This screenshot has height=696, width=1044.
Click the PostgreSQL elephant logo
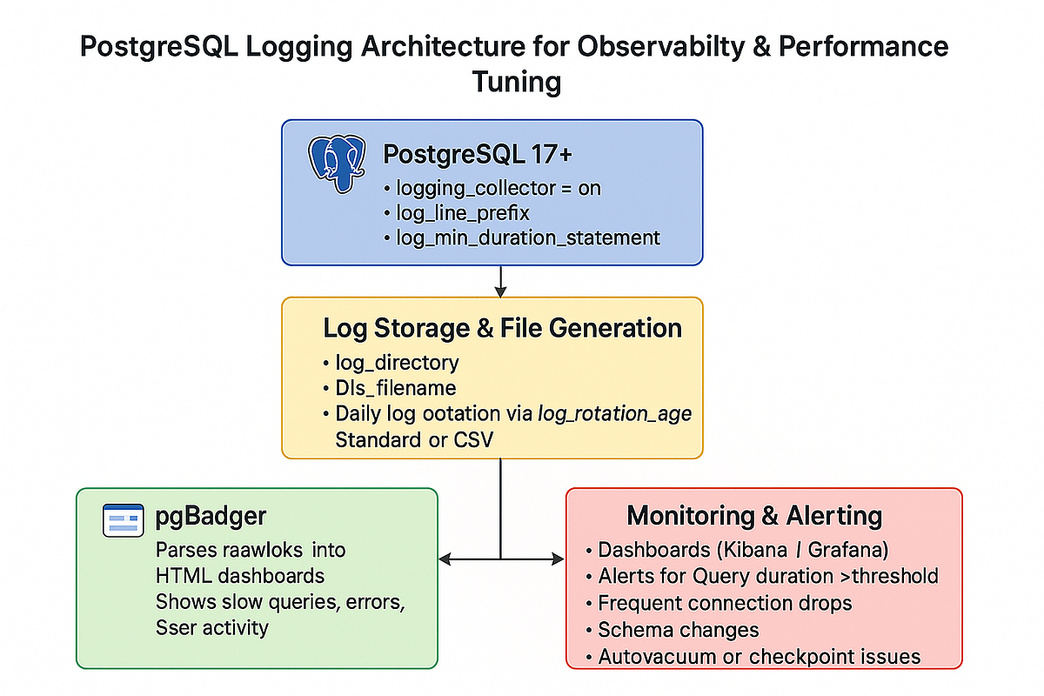point(336,163)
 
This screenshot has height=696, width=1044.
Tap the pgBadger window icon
point(122,519)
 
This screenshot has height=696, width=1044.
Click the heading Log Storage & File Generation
point(502,328)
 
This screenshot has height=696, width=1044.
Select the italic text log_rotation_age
point(614,414)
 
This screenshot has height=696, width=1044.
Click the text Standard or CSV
point(414,439)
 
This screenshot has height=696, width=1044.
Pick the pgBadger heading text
point(211,517)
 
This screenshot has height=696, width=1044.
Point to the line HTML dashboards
point(240,576)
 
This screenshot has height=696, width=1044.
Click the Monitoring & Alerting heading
point(754,516)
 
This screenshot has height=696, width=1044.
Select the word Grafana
point(856,551)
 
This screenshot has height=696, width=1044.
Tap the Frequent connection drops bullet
point(724,603)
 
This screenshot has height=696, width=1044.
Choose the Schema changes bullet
point(678,630)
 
